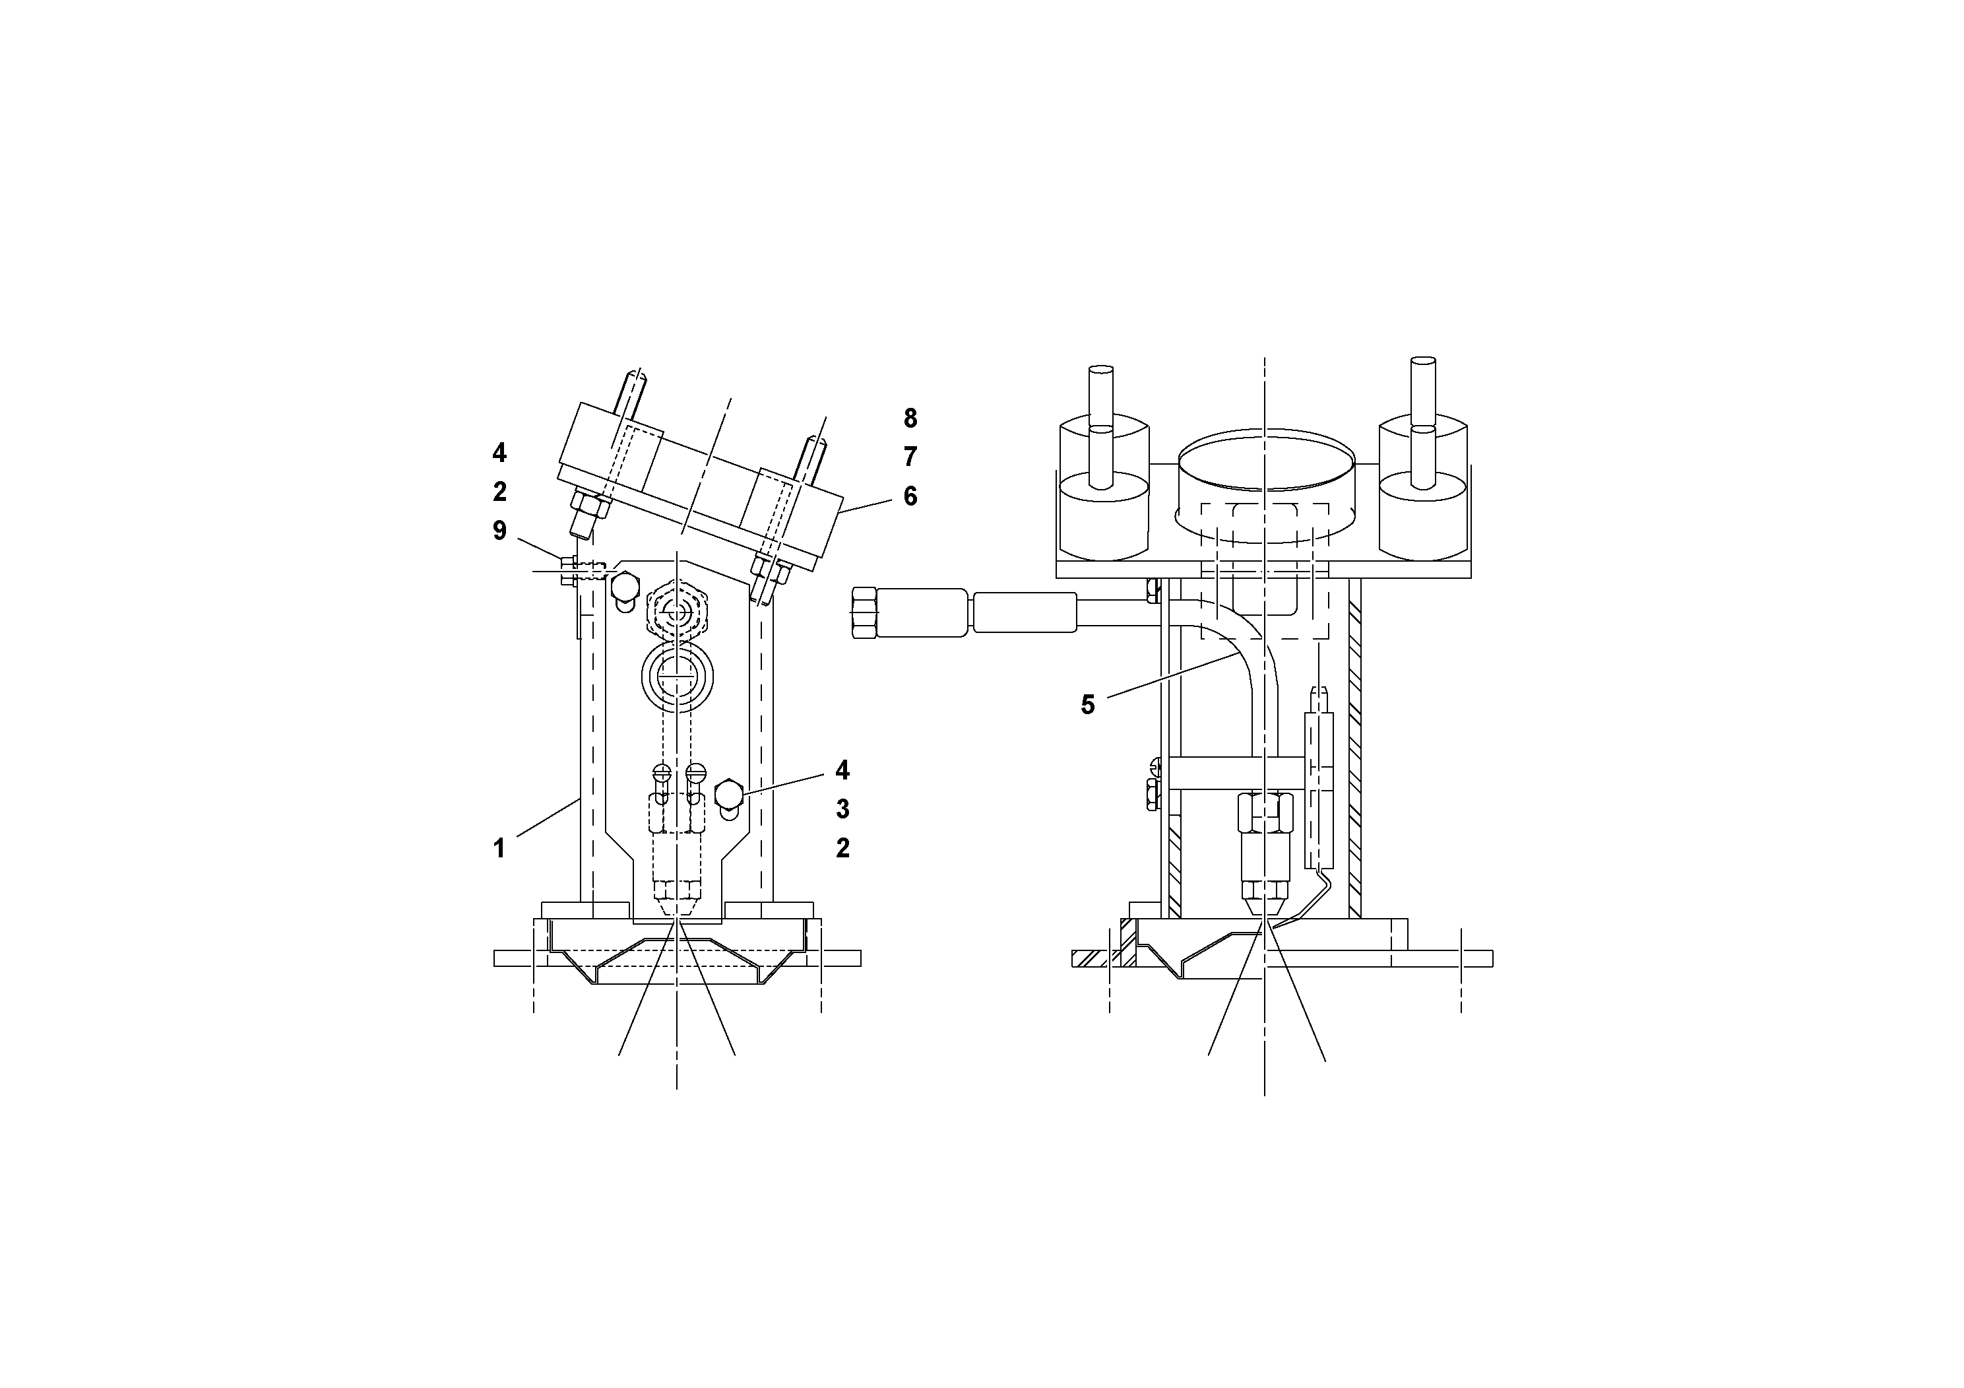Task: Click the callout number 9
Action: pyautogui.click(x=499, y=531)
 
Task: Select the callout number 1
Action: pyautogui.click(x=499, y=849)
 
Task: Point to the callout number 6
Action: pyautogui.click(x=910, y=496)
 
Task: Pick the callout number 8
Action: pyautogui.click(x=910, y=418)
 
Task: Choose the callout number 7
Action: pyautogui.click(x=910, y=457)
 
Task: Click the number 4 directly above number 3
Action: pyautogui.click(x=842, y=770)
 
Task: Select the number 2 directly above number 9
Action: pyautogui.click(x=499, y=492)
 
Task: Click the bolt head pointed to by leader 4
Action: pyautogui.click(x=727, y=793)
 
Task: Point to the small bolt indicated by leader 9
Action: pyautogui.click(x=567, y=570)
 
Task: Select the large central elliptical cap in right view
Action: pyautogui.click(x=1266, y=465)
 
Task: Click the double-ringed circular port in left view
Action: pyautogui.click(x=678, y=675)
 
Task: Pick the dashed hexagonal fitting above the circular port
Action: pyautogui.click(x=678, y=611)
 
